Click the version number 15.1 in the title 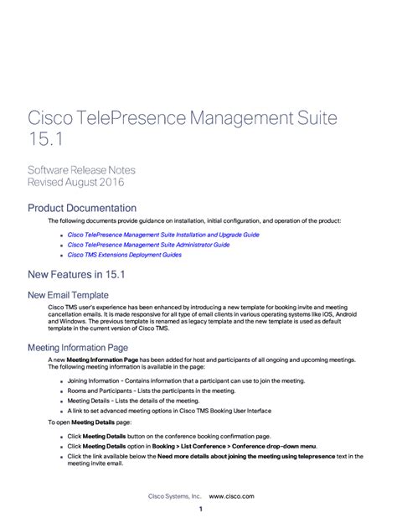(x=44, y=137)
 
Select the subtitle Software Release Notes (x=81, y=170)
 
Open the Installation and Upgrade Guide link (x=163, y=236)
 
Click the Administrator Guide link (x=148, y=245)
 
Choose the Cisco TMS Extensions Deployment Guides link (x=124, y=254)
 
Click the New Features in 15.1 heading (x=78, y=274)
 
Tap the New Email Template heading (x=68, y=295)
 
